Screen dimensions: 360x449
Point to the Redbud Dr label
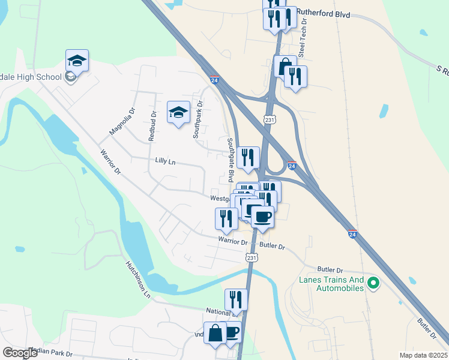[x=153, y=126]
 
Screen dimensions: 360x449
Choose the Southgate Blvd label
[x=230, y=160]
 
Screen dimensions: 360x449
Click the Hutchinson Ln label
[x=137, y=280]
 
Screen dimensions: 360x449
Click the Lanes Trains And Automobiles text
[x=332, y=284]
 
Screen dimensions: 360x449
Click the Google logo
[x=19, y=353]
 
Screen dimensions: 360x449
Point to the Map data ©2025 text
[x=423, y=355]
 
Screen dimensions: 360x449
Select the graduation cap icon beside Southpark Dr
[x=178, y=112]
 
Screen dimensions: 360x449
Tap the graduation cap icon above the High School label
[x=77, y=60]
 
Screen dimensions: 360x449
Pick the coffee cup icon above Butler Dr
[x=262, y=216]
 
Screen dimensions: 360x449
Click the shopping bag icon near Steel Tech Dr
[x=285, y=65]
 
